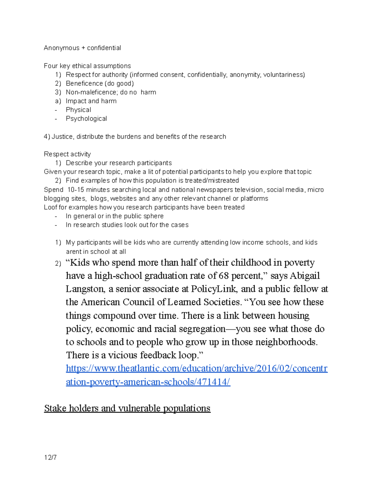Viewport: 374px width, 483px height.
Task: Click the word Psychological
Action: point(86,118)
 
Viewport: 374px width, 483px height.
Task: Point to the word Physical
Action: point(78,110)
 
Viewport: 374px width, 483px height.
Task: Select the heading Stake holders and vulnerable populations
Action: point(127,408)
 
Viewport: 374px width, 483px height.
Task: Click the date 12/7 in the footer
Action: point(50,457)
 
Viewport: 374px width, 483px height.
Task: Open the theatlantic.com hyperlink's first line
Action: point(196,369)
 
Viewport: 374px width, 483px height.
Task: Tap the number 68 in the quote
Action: point(224,276)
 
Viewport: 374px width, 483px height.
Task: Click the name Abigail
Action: point(305,276)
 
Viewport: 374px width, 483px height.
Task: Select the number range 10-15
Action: point(76,190)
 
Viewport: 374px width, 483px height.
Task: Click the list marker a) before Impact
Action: point(58,101)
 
